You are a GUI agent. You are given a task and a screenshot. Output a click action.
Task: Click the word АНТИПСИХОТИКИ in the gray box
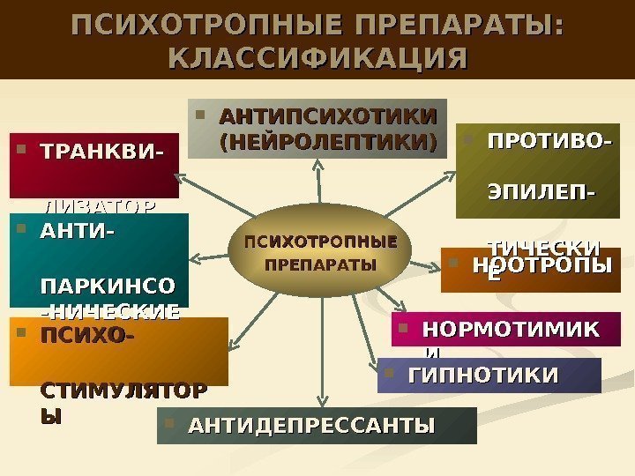pyautogui.click(x=327, y=117)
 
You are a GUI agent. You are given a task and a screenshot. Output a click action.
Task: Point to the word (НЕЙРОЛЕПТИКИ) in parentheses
pyautogui.click(x=327, y=141)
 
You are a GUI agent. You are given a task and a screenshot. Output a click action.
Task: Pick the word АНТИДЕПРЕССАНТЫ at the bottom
pyautogui.click(x=312, y=427)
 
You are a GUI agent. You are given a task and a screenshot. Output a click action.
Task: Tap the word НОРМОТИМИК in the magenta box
pyautogui.click(x=510, y=330)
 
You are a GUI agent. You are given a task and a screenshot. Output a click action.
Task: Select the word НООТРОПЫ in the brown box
pyautogui.click(x=542, y=265)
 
